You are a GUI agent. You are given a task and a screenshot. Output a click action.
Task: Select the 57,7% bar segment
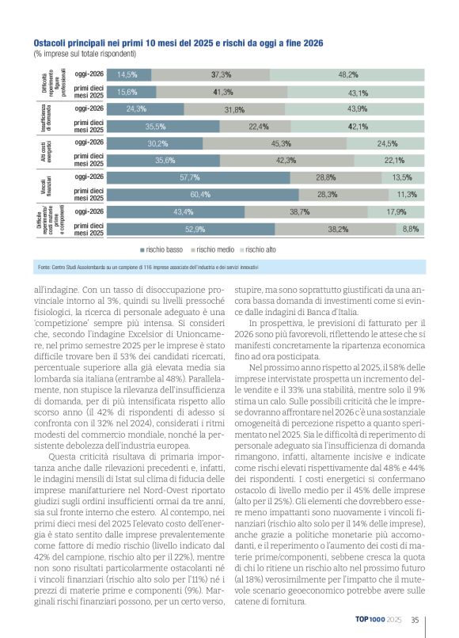click(190, 177)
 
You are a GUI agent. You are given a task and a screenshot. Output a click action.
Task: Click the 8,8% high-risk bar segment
click(411, 229)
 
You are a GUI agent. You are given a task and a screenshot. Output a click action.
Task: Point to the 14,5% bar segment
click(127, 74)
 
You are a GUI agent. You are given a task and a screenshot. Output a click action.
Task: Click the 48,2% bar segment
click(348, 74)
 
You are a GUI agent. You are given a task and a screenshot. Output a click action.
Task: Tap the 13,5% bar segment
click(404, 177)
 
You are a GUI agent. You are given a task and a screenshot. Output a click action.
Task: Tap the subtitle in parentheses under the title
click(85, 54)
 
